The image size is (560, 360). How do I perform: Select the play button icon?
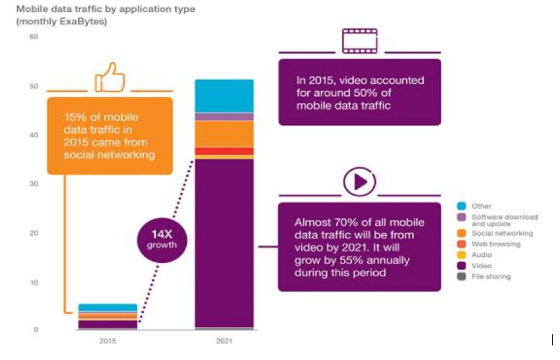click(359, 182)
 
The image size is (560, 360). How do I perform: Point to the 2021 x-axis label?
click(224, 342)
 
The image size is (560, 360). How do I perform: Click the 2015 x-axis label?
click(107, 342)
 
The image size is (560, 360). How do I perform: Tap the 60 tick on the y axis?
click(33, 36)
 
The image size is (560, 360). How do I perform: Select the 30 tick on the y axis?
click(33, 184)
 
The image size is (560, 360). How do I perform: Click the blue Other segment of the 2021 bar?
click(225, 96)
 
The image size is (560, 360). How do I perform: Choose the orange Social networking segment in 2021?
click(225, 133)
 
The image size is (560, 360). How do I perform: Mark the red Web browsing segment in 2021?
click(225, 151)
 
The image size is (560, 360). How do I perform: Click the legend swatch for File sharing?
click(462, 277)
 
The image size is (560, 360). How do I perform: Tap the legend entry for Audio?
click(481, 255)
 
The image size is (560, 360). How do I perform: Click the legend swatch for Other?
click(462, 206)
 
